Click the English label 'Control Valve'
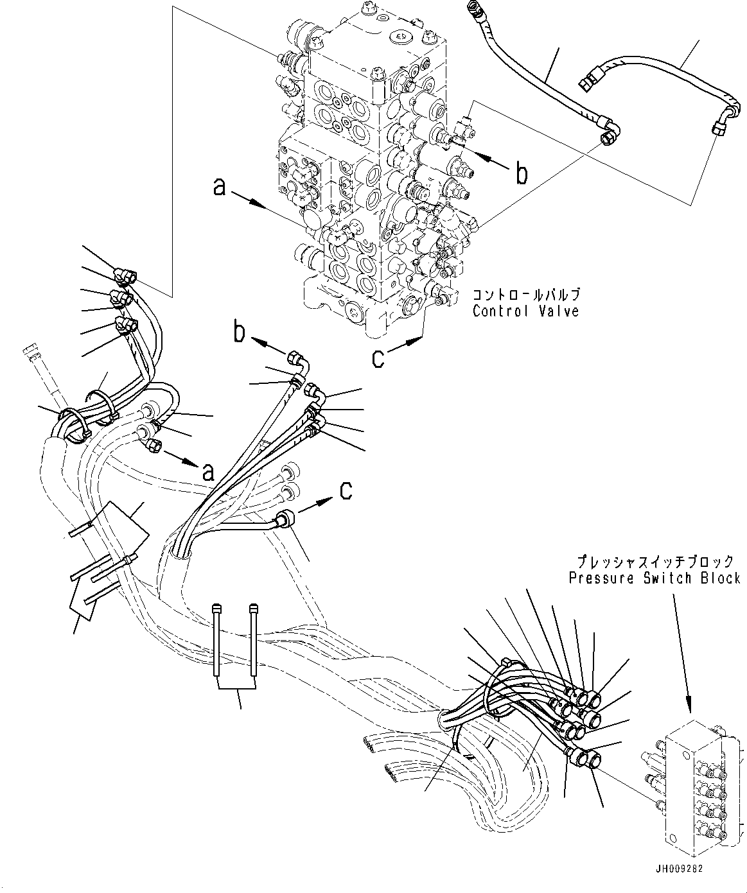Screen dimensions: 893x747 [x=525, y=311]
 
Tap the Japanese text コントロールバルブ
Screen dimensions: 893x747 [x=526, y=295]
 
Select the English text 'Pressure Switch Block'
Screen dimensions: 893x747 [x=655, y=578]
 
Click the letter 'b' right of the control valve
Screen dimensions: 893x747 [x=522, y=173]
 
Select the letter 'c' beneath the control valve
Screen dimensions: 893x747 [x=378, y=358]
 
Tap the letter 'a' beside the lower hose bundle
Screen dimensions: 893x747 [x=207, y=473]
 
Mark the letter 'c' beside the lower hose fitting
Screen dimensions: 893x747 [x=346, y=491]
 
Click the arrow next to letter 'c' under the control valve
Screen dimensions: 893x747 [x=405, y=346]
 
